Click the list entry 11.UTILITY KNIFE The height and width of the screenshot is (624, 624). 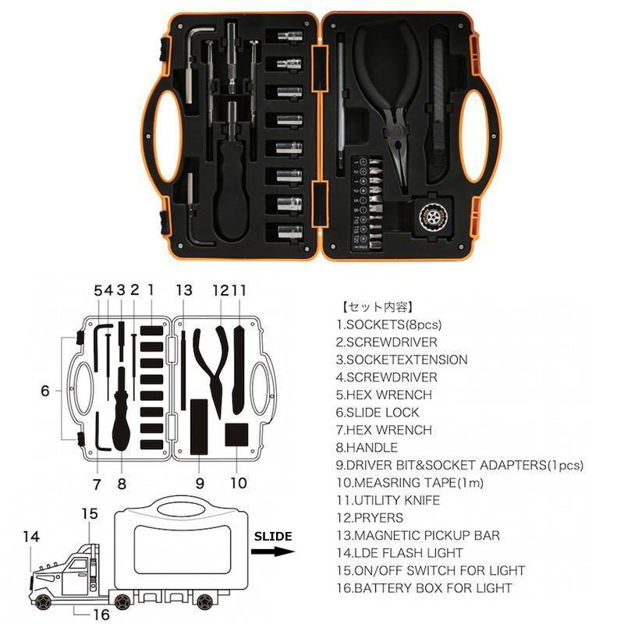point(388,500)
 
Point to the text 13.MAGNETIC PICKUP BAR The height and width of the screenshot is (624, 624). point(418,535)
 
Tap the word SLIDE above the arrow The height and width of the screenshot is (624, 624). point(272,536)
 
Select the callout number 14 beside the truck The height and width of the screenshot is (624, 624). point(30,537)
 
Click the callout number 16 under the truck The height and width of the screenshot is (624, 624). point(100,615)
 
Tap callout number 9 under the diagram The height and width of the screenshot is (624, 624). point(200,484)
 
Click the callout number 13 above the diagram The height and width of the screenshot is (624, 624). point(184,290)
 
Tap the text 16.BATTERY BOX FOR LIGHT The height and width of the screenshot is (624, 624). point(424,587)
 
